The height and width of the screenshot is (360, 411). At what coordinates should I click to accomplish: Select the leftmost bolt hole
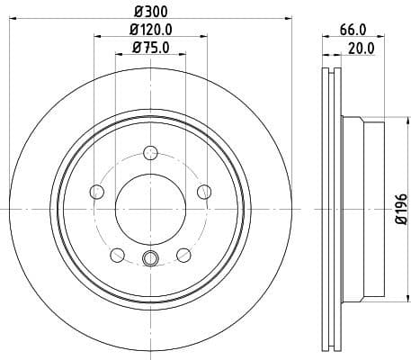96,191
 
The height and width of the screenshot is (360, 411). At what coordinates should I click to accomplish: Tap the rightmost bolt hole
204,191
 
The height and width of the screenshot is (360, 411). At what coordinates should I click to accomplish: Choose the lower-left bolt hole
117,254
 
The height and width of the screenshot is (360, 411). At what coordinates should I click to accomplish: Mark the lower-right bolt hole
183,254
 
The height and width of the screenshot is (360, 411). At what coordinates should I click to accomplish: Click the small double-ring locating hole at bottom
150,261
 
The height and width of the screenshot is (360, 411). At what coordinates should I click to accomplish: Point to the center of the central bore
150,209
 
